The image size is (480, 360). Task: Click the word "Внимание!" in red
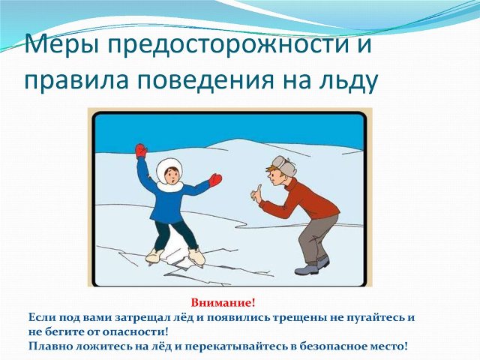(x=223, y=303)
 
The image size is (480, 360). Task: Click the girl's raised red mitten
(x=141, y=151)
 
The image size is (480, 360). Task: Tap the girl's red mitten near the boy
(x=215, y=180)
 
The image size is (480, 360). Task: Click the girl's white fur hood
(x=169, y=175)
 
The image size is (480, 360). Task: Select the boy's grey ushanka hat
(x=283, y=166)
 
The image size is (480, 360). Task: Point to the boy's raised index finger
(x=259, y=187)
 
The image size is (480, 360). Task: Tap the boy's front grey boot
(x=306, y=270)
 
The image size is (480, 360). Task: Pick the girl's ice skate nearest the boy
(x=196, y=256)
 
